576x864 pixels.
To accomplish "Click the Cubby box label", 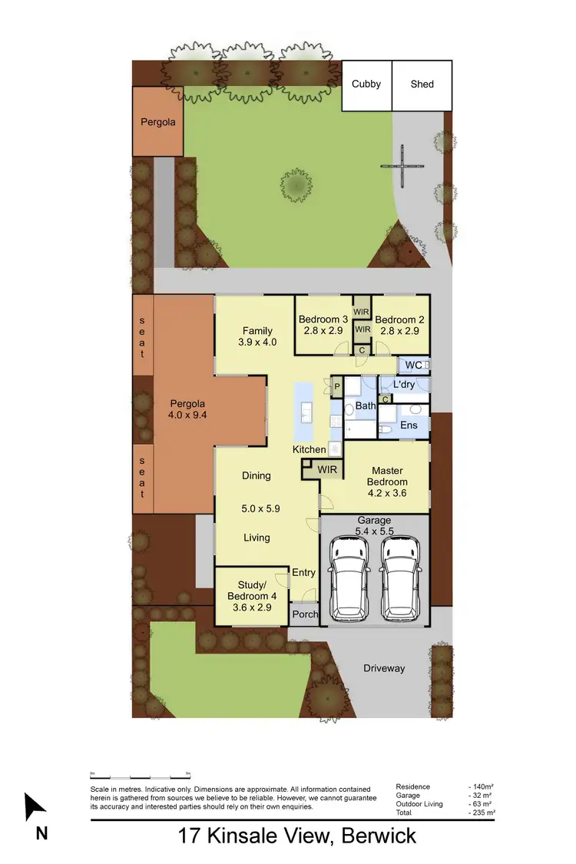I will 366,84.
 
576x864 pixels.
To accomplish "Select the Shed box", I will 422,84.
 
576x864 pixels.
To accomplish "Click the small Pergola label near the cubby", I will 157,121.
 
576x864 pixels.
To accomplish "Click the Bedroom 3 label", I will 323,319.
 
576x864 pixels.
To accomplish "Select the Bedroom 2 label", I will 400,319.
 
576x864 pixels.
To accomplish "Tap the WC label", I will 413,365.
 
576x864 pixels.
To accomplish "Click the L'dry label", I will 405,383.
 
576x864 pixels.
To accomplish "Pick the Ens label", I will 409,425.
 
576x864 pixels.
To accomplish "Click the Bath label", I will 366,405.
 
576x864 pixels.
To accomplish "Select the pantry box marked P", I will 336,386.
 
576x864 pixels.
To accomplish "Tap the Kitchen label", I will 309,449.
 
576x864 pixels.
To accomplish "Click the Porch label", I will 305,614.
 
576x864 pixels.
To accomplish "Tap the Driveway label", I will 384,668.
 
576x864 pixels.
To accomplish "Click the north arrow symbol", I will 34,808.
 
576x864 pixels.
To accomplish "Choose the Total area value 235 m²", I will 482,813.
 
